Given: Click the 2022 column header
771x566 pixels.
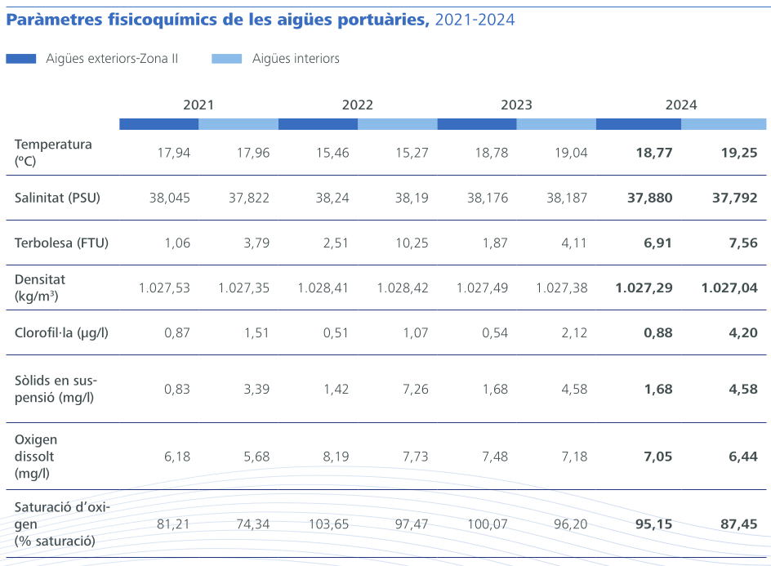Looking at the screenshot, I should [357, 105].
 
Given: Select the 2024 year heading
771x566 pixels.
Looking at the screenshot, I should [680, 105].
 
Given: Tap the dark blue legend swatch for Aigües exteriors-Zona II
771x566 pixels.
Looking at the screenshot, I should [21, 59].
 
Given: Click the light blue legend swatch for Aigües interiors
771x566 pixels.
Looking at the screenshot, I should [227, 59].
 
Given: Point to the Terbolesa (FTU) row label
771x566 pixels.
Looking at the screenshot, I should [61, 243].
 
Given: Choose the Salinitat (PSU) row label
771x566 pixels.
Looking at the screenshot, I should [57, 197].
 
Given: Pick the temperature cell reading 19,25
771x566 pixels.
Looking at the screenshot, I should [739, 153].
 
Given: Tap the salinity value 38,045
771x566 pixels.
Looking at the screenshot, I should [169, 198].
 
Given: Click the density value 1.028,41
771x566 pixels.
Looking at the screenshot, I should [323, 287].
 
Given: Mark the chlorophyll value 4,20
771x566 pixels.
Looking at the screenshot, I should [742, 332].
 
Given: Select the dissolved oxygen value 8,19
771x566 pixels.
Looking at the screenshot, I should [336, 457].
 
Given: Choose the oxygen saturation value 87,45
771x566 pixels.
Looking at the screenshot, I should [738, 524].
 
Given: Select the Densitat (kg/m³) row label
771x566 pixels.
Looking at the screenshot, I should [40, 287].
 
